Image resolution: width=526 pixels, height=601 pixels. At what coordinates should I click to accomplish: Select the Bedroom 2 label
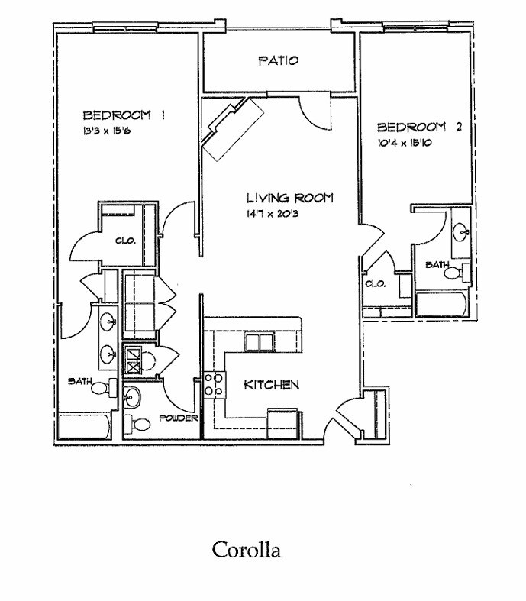[420, 128]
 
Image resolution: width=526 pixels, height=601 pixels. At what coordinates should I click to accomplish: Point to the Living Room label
[289, 198]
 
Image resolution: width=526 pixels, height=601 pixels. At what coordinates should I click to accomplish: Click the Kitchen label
[271, 384]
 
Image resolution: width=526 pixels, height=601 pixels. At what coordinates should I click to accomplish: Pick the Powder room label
[179, 419]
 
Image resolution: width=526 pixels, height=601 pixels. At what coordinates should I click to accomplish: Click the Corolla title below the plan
[246, 549]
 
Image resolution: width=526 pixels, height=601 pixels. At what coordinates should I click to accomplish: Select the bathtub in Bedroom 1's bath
[85, 427]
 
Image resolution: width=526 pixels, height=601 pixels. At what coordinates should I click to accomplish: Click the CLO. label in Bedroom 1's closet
[125, 241]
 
